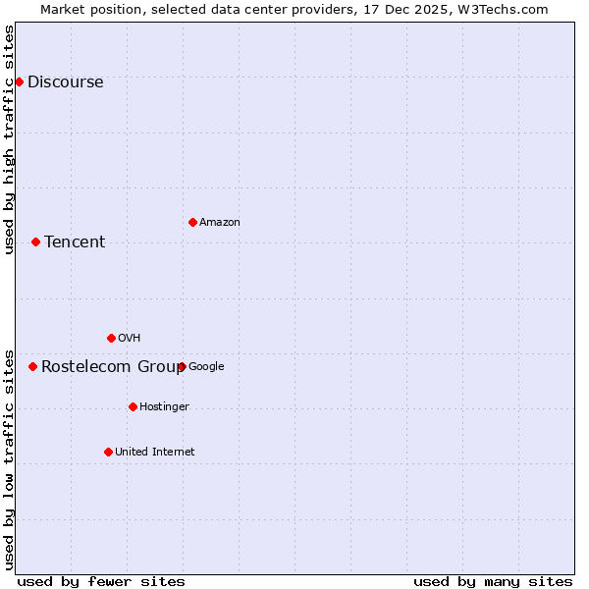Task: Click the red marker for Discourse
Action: (x=19, y=81)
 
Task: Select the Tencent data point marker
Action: (x=35, y=241)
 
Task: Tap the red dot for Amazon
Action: (x=192, y=222)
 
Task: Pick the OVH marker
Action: (x=111, y=338)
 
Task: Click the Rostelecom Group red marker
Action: (x=32, y=366)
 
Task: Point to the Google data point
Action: (x=182, y=366)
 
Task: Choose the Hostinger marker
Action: (x=133, y=406)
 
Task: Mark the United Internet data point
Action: (x=108, y=452)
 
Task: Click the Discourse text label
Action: (x=65, y=82)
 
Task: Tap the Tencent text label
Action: (x=75, y=242)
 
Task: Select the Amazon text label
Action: (x=220, y=223)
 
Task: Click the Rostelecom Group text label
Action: (x=112, y=367)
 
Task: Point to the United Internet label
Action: (x=155, y=453)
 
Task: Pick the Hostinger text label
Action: (x=164, y=407)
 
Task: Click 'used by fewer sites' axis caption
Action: (x=101, y=581)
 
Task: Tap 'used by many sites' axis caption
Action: (x=493, y=581)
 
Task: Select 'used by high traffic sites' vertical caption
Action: (x=10, y=139)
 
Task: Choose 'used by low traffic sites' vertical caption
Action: (x=10, y=458)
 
